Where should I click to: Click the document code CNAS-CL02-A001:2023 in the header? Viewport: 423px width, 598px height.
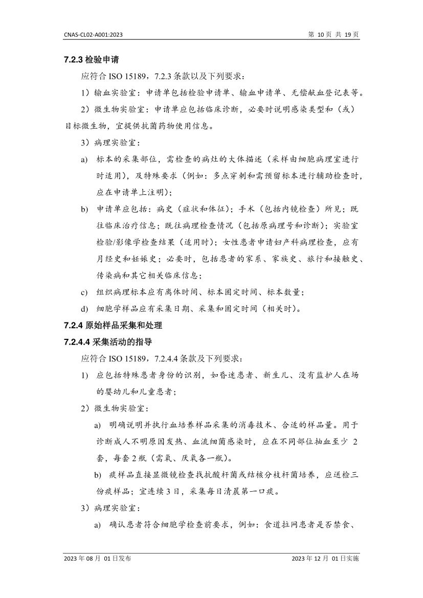pyautogui.click(x=93, y=34)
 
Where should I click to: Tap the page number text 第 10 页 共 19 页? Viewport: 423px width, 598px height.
pyautogui.click(x=333, y=34)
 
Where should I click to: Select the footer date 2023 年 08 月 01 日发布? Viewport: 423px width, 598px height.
pyautogui.click(x=97, y=559)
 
